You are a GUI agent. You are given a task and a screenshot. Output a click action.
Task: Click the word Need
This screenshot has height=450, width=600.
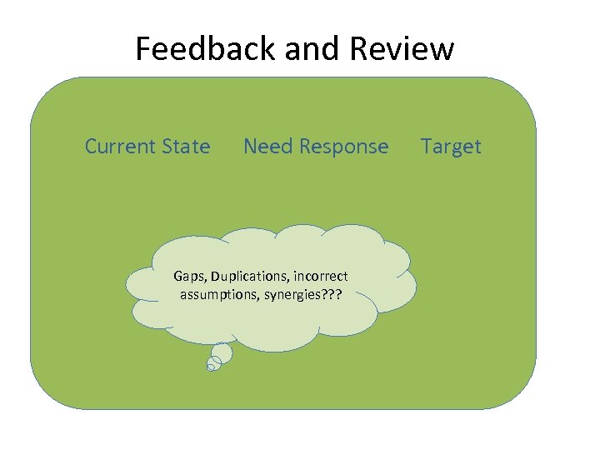click(x=267, y=147)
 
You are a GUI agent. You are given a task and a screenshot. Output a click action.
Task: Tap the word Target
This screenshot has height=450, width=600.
click(x=451, y=147)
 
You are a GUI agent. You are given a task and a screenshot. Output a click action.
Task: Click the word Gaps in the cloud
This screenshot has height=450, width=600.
click(x=188, y=276)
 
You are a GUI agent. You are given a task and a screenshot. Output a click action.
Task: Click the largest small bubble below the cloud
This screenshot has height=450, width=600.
click(x=221, y=353)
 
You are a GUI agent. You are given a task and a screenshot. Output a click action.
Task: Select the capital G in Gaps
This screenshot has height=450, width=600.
click(x=177, y=276)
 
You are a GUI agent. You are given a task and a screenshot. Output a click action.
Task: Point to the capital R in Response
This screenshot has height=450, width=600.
click(x=304, y=147)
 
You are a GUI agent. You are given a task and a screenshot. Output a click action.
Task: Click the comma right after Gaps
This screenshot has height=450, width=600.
click(x=206, y=280)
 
